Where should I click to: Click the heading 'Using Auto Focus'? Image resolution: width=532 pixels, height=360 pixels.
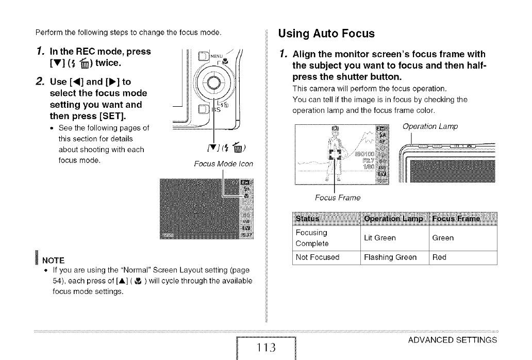(x=326, y=34)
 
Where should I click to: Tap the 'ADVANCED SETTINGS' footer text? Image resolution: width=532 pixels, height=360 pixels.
(x=452, y=340)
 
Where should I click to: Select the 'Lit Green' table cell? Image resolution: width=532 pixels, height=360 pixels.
(x=379, y=238)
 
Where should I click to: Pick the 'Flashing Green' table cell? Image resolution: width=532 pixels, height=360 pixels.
(x=390, y=257)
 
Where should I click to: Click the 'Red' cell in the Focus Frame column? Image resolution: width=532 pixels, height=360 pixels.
(x=439, y=257)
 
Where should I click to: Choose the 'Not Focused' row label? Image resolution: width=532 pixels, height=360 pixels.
(x=318, y=257)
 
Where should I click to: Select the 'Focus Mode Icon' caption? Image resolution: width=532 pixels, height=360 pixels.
(x=217, y=164)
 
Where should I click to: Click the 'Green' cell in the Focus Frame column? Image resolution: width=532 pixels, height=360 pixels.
(x=443, y=238)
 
